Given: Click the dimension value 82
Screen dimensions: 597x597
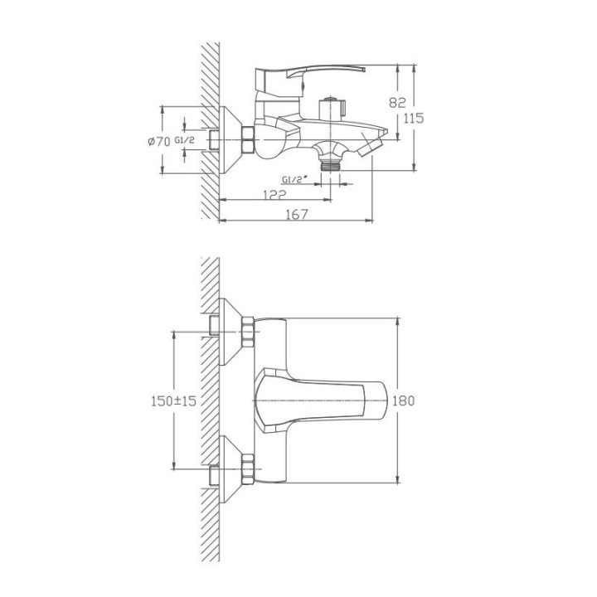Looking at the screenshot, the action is click(x=397, y=103).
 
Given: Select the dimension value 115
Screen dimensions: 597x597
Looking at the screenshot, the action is click(x=414, y=119).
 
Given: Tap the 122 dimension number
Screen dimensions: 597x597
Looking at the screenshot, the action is click(x=274, y=195).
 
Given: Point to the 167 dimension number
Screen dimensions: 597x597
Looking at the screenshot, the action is click(x=297, y=215).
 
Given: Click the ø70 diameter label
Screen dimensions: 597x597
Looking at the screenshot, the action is click(x=159, y=142).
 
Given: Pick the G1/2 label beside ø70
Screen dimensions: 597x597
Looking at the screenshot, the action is click(x=185, y=140).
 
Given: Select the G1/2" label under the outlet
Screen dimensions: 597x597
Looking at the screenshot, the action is click(x=294, y=179).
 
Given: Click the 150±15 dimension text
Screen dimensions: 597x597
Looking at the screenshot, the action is click(x=173, y=401).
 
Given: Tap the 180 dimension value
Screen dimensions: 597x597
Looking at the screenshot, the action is click(x=403, y=400).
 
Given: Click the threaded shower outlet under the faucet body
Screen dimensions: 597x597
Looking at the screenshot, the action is click(x=330, y=165).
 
